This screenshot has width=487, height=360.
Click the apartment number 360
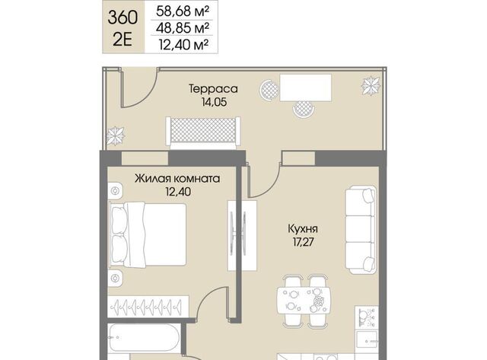coord(123,18)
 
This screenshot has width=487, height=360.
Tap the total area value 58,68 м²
coord(183,11)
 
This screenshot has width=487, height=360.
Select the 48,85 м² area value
coord(183,28)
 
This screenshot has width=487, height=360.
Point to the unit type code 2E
coord(123,40)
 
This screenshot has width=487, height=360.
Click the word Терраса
coord(213,89)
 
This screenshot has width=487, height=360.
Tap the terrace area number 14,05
coord(214,102)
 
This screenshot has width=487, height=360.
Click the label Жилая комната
coord(177,179)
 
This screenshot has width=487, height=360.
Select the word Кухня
coord(303,229)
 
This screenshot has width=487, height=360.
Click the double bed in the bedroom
coord(148,234)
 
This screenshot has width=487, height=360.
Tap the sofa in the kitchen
coord(361,230)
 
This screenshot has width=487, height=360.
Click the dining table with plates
coord(304,301)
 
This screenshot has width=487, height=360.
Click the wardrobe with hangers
coord(148,307)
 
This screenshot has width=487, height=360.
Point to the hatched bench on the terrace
coord(203,131)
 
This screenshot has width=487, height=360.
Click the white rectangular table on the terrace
coord(306,88)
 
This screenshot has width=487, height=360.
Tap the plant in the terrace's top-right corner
coord(371,85)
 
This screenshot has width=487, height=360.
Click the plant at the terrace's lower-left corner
coord(116,135)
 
